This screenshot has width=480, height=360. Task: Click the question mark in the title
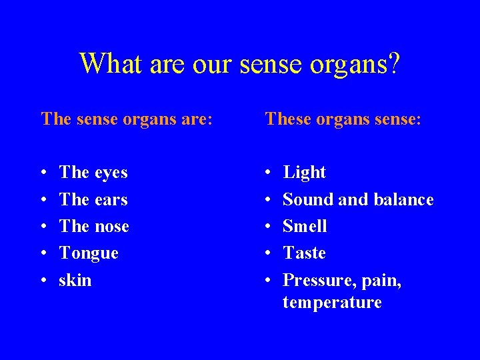pos(393,63)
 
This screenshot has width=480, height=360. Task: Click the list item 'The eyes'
pos(93,172)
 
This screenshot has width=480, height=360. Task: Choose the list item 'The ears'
pos(93,199)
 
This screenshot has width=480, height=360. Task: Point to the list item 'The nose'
pos(94,226)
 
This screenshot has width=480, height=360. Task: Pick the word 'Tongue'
pos(89,253)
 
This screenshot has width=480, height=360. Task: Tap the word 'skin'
pos(75,280)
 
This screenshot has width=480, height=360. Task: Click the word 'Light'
pos(304,173)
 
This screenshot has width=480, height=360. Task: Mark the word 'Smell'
pos(305,226)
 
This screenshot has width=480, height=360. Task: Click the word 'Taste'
pos(304,253)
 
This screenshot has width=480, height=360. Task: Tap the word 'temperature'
pos(332,303)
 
